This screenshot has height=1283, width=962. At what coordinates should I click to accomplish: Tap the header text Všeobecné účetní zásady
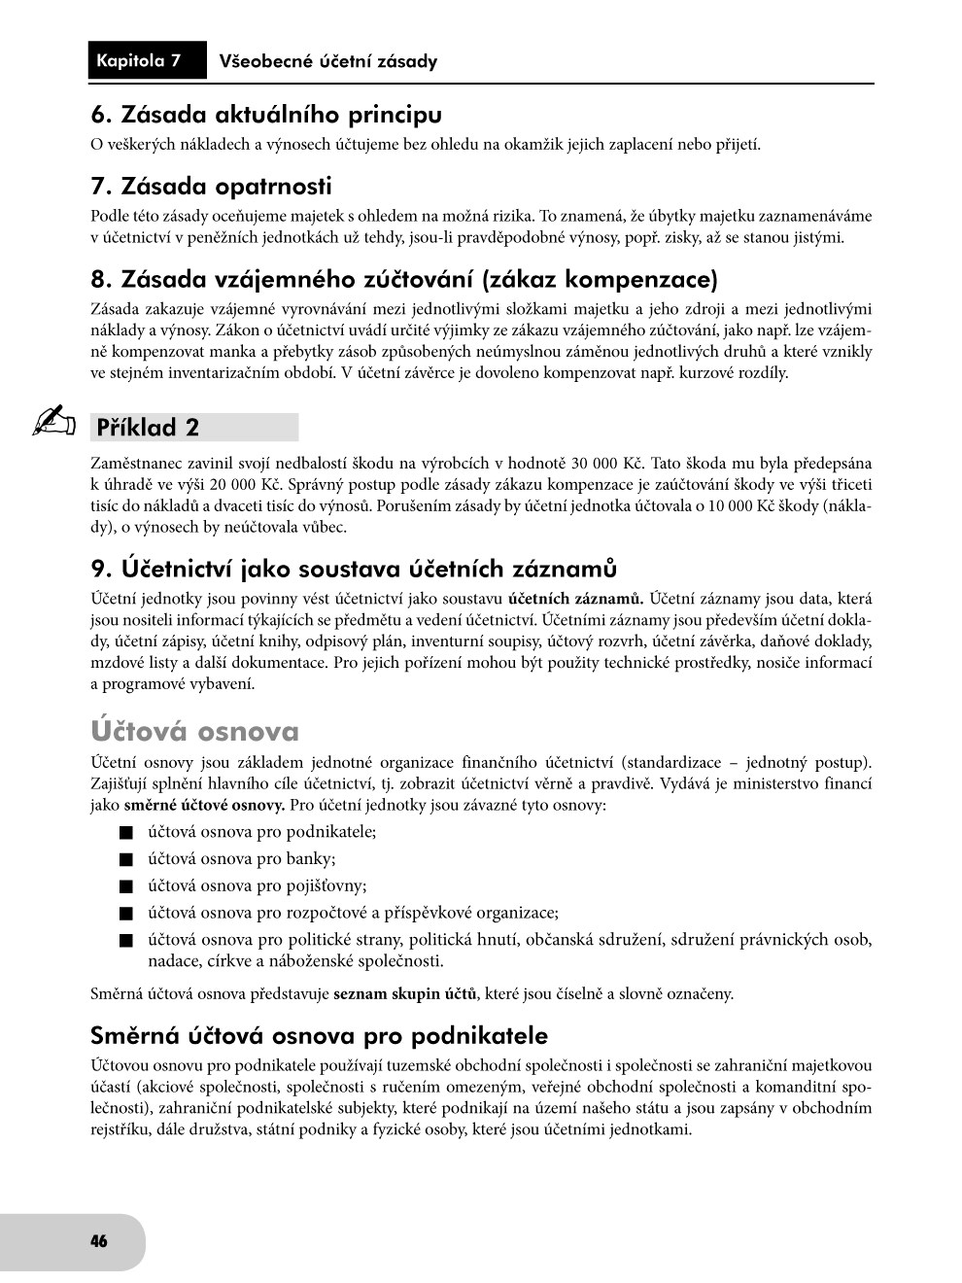point(328,62)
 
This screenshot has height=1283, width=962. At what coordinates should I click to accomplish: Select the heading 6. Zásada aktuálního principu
point(266,115)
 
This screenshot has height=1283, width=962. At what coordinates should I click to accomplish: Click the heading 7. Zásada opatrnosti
point(211,186)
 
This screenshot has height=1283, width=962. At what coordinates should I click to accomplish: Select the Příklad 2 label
point(148,428)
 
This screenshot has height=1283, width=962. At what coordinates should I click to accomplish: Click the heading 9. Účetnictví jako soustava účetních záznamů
point(354,568)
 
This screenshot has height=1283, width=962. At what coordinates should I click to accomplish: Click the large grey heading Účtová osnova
point(195,731)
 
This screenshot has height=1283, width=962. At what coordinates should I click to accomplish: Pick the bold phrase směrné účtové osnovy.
point(204,806)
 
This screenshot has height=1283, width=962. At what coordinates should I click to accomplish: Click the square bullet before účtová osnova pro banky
point(125,859)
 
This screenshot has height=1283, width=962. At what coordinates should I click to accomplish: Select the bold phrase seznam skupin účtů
point(405,994)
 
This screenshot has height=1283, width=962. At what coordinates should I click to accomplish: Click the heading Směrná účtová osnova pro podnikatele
point(319,1035)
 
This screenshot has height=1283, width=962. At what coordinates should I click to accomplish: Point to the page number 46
point(98,1241)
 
